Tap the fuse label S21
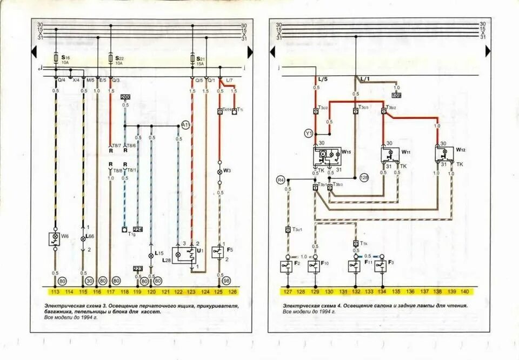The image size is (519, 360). (x=200, y=58)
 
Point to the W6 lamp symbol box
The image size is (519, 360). (x=55, y=238)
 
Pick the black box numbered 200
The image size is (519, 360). (x=125, y=97)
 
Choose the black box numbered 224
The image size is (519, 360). (x=138, y=229)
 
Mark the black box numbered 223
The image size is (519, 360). (x=138, y=269)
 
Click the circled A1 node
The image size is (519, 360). (x=185, y=125)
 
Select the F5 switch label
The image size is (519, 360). (x=230, y=250)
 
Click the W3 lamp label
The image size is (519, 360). (x=227, y=171)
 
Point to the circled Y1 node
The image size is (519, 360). (x=309, y=133)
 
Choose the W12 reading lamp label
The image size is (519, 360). (x=460, y=149)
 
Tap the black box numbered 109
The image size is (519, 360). (x=397, y=95)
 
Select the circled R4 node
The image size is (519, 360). (x=281, y=179)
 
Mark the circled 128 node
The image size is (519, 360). (x=364, y=177)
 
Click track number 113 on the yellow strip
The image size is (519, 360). (x=55, y=292)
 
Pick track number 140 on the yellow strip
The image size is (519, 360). (x=464, y=292)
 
